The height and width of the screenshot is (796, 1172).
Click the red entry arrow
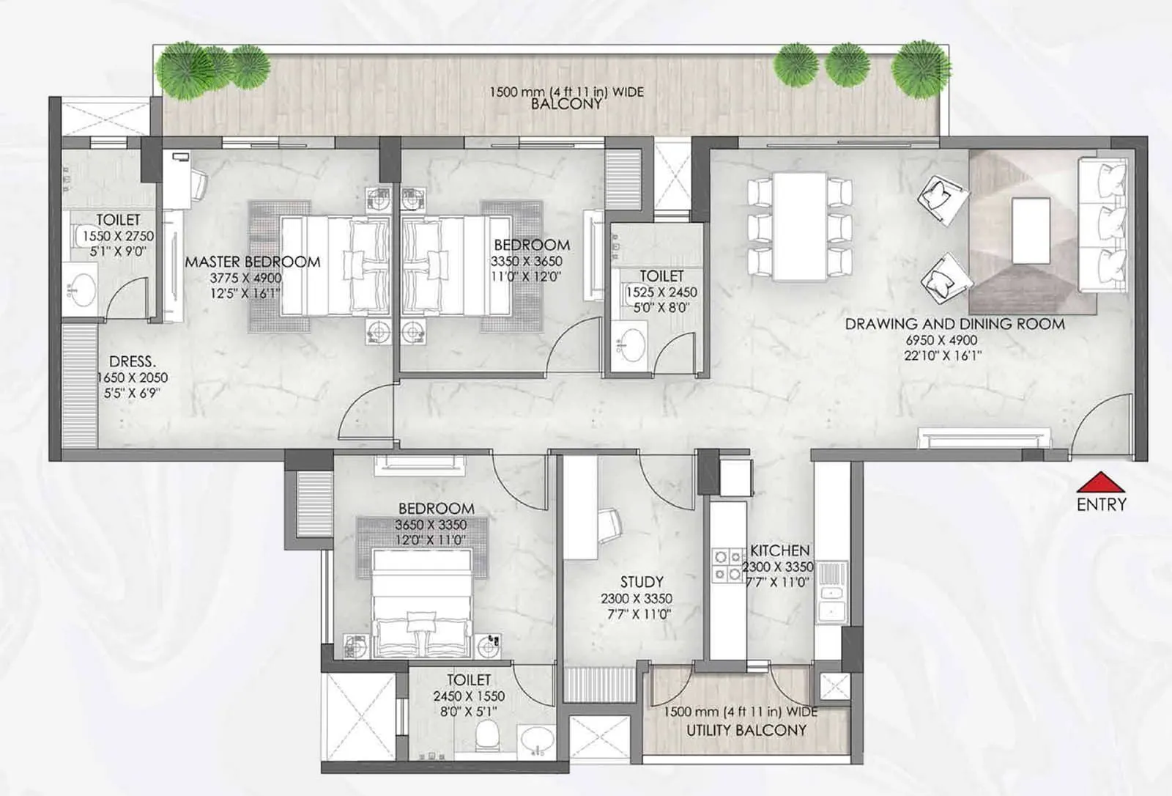[x=1101, y=482]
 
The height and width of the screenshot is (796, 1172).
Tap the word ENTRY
[x=1101, y=504]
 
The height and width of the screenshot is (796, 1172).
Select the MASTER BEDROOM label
[x=252, y=262]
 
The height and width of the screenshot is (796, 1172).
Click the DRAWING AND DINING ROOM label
[x=954, y=323]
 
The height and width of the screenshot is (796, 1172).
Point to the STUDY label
[x=642, y=582]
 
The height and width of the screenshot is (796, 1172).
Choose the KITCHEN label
[x=779, y=550]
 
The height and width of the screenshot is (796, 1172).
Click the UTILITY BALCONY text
[x=746, y=730]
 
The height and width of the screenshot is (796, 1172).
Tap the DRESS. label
[x=132, y=361]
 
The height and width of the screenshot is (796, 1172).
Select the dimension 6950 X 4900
[x=941, y=340]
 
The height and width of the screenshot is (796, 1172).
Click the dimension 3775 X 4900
[x=245, y=278]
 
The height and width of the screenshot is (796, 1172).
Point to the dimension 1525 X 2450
[x=661, y=292]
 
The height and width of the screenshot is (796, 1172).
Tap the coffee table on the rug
[x=1031, y=231]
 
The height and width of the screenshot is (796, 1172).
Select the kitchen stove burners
[x=727, y=566]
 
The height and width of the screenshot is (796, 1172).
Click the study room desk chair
[x=609, y=523]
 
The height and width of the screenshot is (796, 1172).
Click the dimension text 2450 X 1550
[x=469, y=696]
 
